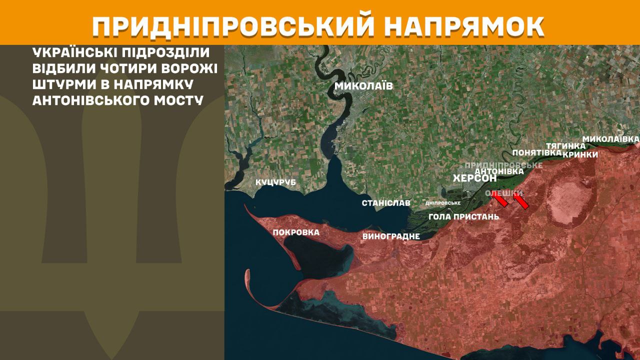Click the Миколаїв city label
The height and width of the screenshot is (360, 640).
[363, 86]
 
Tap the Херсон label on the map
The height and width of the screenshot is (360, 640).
[474, 178]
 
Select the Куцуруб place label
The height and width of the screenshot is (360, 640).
[275, 182]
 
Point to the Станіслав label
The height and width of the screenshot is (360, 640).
[386, 203]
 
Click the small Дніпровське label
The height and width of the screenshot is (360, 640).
[442, 203]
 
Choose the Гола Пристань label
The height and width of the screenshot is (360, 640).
[464, 217]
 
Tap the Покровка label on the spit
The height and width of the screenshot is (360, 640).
[296, 232]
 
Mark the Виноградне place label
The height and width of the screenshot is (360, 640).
[391, 236]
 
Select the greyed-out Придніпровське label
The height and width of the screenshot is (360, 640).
[503, 164]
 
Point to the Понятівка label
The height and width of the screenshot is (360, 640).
[536, 153]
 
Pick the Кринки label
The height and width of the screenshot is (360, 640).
[580, 154]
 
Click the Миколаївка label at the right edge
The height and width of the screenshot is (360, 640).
[611, 138]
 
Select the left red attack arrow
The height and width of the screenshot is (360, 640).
[500, 200]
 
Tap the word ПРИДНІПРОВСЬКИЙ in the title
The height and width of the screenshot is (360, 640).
[234, 27]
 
